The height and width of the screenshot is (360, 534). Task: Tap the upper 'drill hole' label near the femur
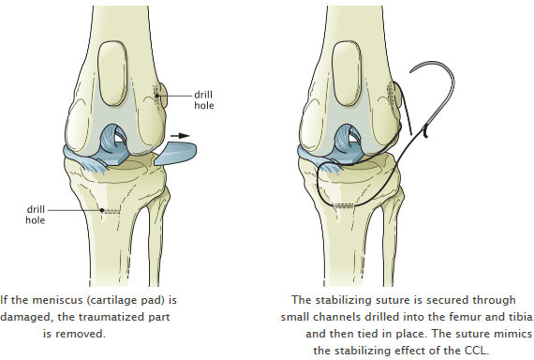pos(203,100)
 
